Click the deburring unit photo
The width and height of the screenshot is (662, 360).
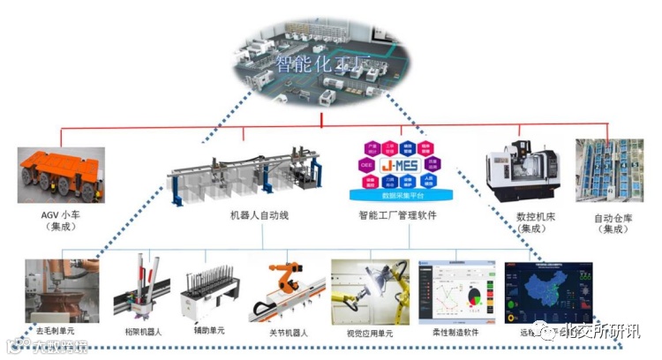pyautogui.click(x=61, y=290)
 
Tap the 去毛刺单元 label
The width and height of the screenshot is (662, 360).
pyautogui.click(x=55, y=331)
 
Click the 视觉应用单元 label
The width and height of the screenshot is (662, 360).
pyautogui.click(x=369, y=334)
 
